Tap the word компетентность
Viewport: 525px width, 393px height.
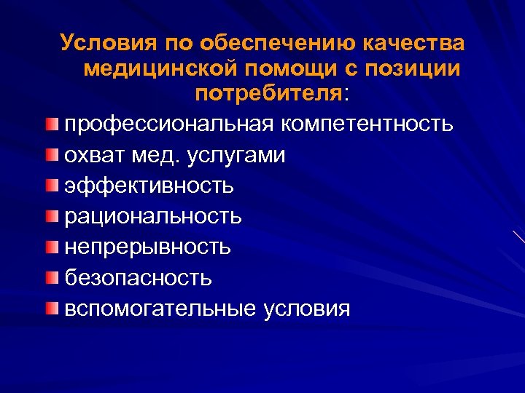coord(369,124)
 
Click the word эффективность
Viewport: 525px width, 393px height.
coord(149,186)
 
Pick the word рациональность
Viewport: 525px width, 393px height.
coord(152,216)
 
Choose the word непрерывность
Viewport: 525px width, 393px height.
coord(147,247)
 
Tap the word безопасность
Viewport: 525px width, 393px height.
coord(138,277)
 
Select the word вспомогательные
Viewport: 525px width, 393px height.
coord(160,309)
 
